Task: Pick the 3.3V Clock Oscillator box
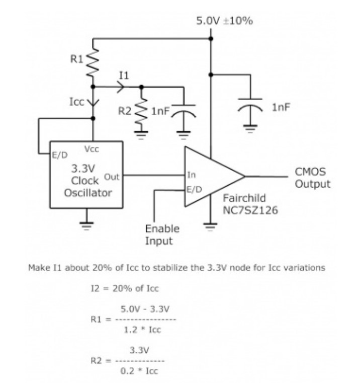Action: coord(86,174)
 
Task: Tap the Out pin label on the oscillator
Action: coord(111,176)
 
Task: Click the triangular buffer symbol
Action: coord(211,177)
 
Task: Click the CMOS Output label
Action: coord(312,178)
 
